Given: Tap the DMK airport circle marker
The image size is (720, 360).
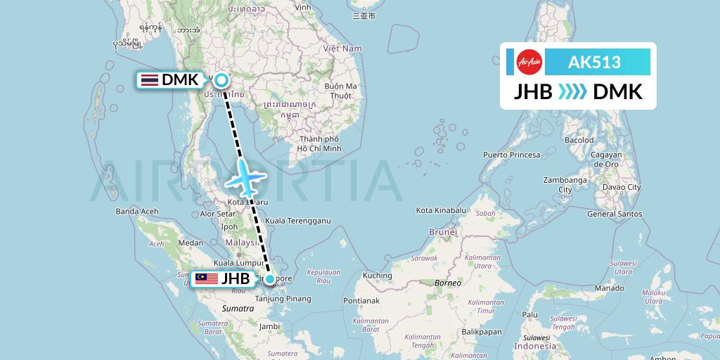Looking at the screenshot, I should tap(221, 80).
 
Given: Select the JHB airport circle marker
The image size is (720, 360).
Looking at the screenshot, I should tap(270, 279).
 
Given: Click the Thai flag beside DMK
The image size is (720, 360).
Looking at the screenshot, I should tap(149, 80).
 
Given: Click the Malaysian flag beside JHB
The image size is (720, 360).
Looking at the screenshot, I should tap(207, 279).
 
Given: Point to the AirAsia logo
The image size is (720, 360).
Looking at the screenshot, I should tap(529, 62).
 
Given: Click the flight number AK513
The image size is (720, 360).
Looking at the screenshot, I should tap(594, 62).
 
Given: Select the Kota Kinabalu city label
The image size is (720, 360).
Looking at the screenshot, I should tap(442, 210).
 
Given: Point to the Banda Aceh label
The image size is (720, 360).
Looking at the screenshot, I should tap(136, 211).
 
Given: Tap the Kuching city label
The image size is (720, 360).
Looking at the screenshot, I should tap(378, 276).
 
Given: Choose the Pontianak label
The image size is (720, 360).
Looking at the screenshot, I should tap(361, 301).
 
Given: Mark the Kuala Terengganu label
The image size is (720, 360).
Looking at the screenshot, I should tap(298, 220).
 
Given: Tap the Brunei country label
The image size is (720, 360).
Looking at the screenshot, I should tap(443, 231).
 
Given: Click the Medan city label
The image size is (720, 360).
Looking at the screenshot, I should tap(190, 243).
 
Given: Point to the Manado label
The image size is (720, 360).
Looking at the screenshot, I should tap(609, 288).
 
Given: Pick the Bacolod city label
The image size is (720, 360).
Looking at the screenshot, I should tap(579, 140).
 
